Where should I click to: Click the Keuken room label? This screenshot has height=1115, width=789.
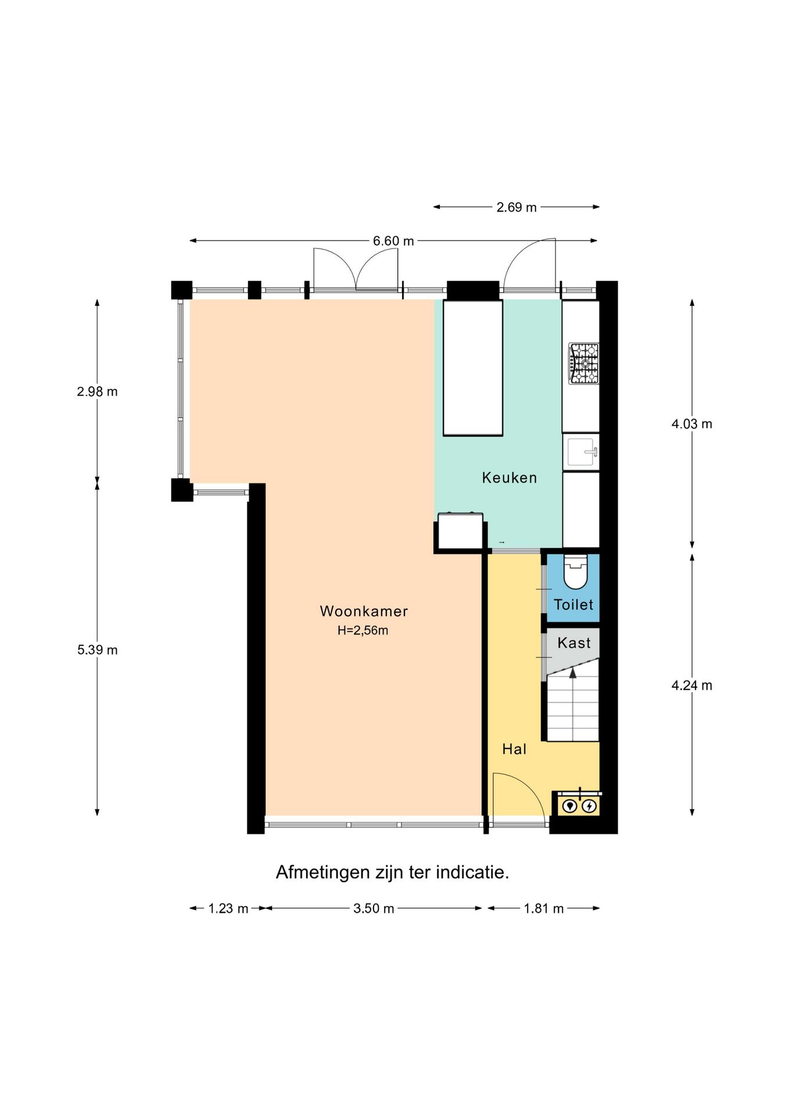tap(509, 478)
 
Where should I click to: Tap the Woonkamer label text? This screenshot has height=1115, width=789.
tap(364, 611)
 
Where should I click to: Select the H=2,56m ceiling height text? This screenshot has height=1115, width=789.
tap(363, 630)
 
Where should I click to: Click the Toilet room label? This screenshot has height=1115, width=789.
tap(573, 605)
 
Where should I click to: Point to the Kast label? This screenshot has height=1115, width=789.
tap(573, 643)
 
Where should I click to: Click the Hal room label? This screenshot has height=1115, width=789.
tap(514, 749)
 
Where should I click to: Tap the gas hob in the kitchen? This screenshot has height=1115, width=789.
tap(583, 364)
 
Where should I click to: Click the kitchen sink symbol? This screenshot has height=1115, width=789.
tap(581, 452)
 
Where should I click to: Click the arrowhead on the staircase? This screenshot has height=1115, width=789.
tap(573, 673)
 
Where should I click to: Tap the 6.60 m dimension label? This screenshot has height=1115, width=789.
tap(393, 241)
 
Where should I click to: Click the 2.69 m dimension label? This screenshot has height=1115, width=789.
tap(516, 207)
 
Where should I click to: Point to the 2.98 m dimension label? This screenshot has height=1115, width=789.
tap(97, 391)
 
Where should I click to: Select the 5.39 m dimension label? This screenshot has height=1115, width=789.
tap(97, 650)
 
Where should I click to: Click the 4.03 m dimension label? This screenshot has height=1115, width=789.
tap(691, 424)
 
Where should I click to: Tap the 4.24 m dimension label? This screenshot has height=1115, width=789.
tap(691, 685)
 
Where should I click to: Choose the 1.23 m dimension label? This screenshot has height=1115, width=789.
tap(228, 908)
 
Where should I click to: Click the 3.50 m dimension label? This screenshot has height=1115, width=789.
tap(373, 908)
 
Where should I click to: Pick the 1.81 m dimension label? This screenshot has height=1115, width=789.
tap(543, 908)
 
